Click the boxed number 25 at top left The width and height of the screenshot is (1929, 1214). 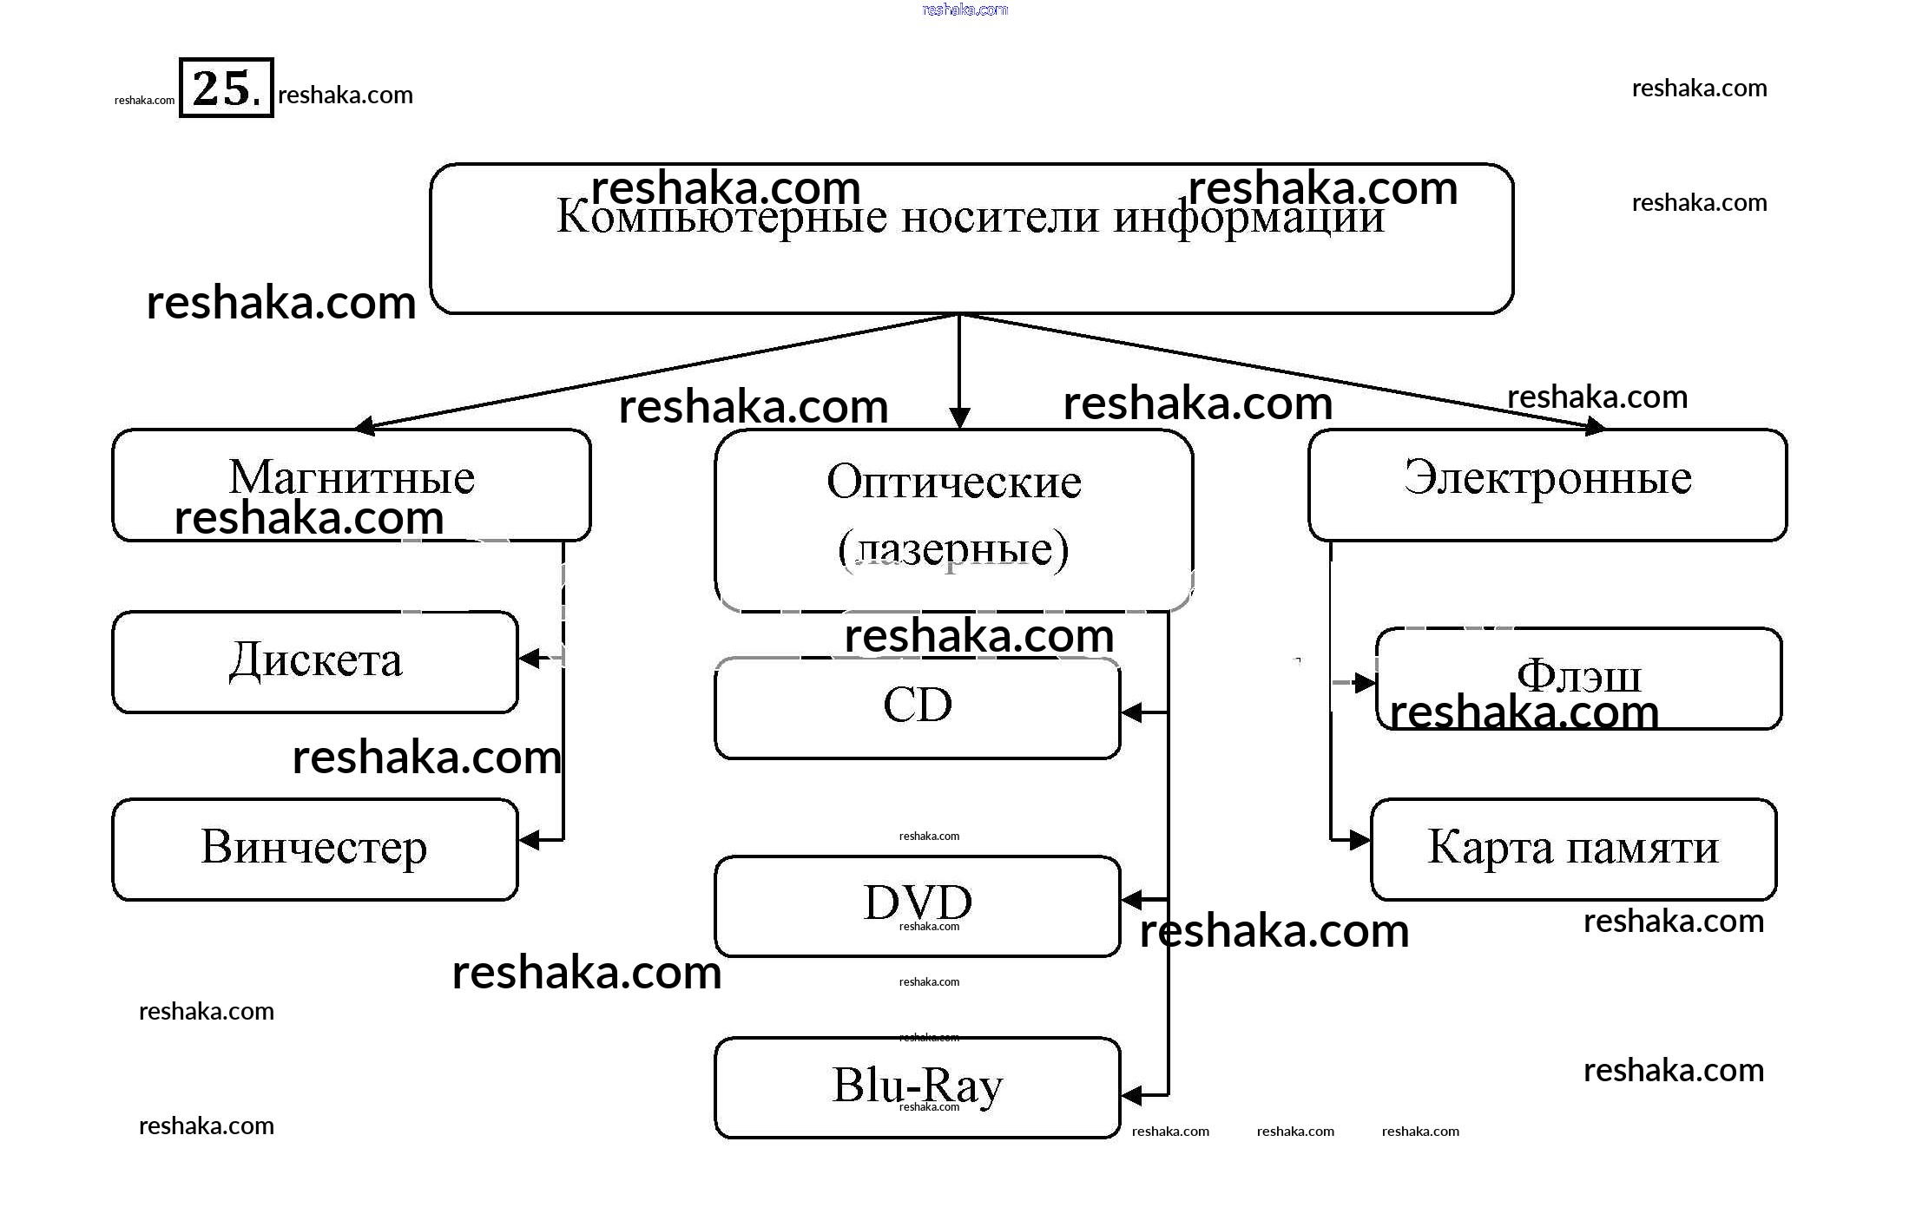[226, 88]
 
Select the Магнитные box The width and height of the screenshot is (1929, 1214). [352, 484]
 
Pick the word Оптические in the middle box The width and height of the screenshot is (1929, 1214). [953, 482]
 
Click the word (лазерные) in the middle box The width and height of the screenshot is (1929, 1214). [953, 549]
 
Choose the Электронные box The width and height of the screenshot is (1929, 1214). [1547, 484]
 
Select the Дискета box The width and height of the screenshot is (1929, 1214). [315, 662]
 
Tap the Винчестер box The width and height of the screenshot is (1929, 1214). [315, 849]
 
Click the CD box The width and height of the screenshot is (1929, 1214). [918, 708]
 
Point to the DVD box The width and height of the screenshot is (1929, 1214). [918, 906]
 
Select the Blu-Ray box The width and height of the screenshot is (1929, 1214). [918, 1087]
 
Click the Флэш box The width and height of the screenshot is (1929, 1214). [1578, 679]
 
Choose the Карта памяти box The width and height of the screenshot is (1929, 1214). [1573, 849]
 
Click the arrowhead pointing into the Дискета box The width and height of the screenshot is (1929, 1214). [529, 659]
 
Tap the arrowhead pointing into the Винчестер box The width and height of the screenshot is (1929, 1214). [529, 840]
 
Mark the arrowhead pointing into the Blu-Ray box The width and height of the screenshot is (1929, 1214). [1131, 1095]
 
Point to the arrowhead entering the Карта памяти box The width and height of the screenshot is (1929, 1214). [1360, 840]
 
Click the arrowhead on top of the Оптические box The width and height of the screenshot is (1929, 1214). [958, 418]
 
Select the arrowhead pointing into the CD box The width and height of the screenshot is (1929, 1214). [1131, 713]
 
